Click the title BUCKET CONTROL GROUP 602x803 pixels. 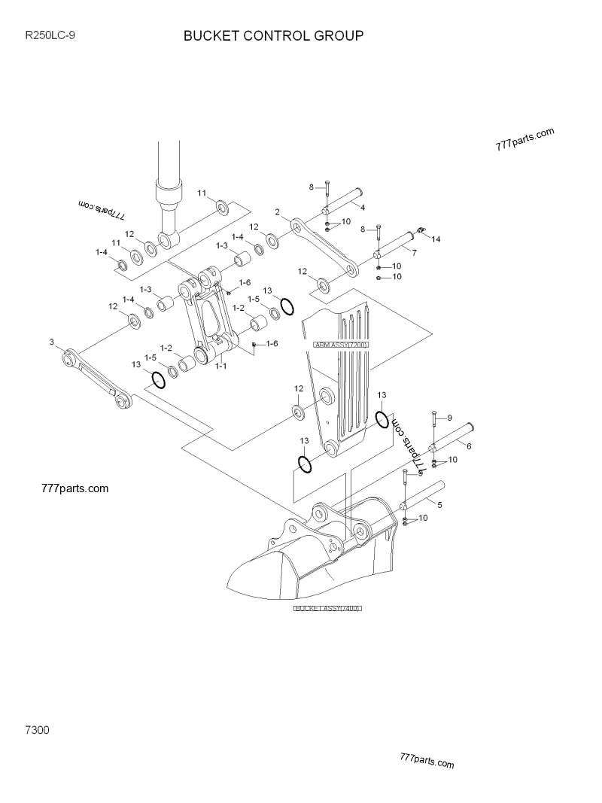[x=274, y=35]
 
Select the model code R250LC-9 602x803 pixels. [x=50, y=35]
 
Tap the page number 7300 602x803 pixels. [x=38, y=730]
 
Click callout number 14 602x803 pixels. [x=436, y=239]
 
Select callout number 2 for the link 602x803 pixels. [x=278, y=211]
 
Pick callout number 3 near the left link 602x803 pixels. [x=52, y=342]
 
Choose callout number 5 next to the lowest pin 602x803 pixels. [x=439, y=504]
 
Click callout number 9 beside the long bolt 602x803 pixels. [x=449, y=418]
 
